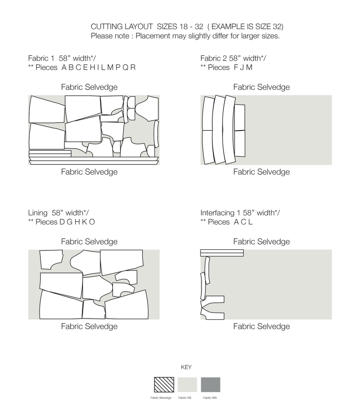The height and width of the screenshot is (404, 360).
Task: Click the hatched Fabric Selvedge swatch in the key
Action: point(164,385)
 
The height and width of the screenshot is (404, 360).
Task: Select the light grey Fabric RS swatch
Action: point(187,385)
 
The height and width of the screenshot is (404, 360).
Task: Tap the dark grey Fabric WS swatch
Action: point(211,385)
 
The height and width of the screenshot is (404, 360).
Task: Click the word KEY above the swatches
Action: point(186,367)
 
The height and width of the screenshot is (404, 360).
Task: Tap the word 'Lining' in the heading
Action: point(38,213)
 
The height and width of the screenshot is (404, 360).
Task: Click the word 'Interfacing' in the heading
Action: point(217,213)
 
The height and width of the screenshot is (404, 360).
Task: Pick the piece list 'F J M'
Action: point(243,68)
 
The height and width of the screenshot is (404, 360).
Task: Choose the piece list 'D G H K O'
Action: point(77,222)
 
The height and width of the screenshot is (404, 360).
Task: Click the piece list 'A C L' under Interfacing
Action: point(243,222)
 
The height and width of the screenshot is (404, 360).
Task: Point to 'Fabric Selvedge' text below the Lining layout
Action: point(89,326)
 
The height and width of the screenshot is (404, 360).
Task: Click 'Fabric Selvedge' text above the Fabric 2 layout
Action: point(261,87)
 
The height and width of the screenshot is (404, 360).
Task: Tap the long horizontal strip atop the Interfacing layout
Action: point(222,253)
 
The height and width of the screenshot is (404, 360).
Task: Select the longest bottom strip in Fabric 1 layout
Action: point(94,162)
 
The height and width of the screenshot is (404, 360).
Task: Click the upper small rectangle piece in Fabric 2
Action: point(239,117)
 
